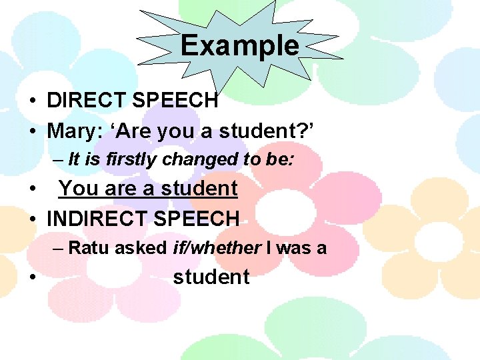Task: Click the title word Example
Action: pyautogui.click(x=239, y=46)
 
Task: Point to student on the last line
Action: pyautogui.click(x=211, y=277)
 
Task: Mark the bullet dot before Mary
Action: pyautogui.click(x=32, y=131)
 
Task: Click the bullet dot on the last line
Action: pyautogui.click(x=32, y=277)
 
